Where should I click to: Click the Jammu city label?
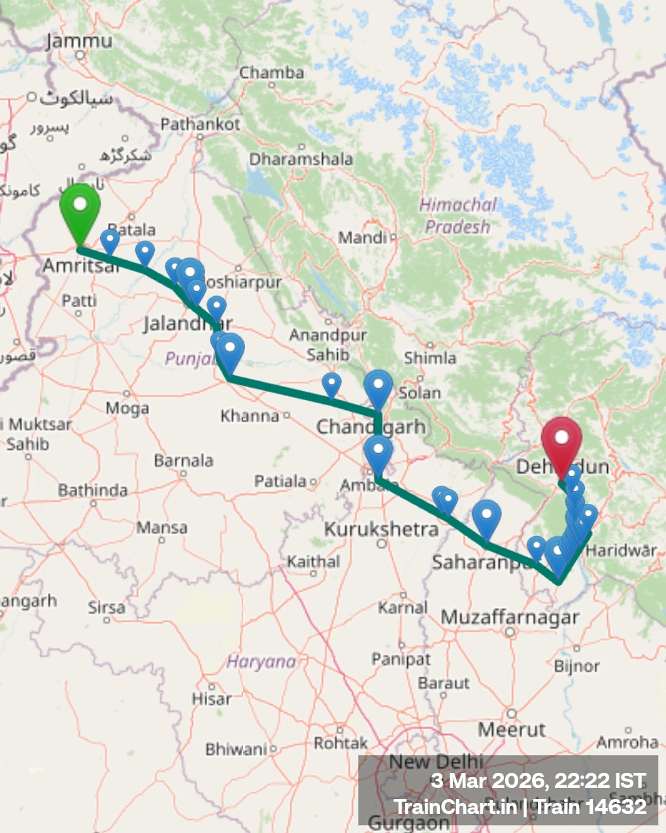coord(79,41)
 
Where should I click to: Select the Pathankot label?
coord(200,124)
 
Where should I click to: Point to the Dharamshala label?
coord(301,159)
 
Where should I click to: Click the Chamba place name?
coord(271,72)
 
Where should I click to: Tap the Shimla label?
coord(429,358)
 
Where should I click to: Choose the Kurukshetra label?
coord(381,529)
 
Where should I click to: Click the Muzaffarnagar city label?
coord(510,617)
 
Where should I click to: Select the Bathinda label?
coord(92,490)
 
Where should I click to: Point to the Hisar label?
coord(211,699)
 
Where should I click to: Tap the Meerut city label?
coord(511,729)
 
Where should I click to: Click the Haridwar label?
coord(621,550)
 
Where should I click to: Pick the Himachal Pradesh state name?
coord(457,216)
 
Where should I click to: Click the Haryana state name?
coord(261,662)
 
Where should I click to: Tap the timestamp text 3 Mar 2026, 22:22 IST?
coord(538,781)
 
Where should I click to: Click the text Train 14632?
coord(590,807)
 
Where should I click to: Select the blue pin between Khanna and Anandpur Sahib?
coord(332,384)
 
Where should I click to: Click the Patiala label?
coord(280,481)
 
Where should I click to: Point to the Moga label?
coord(127,409)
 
